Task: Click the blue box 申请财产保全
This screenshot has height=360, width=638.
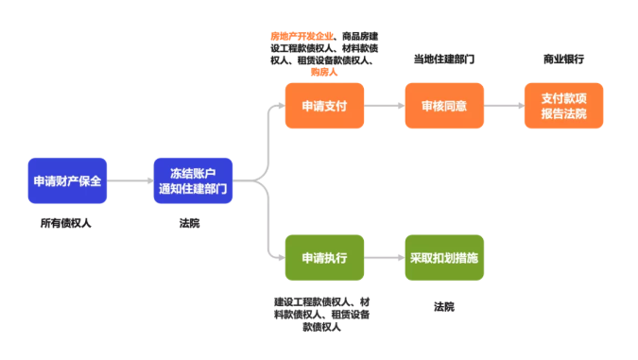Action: tap(67, 180)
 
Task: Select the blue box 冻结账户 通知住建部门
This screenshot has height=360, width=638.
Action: tap(193, 180)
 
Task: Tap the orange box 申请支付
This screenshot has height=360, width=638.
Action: tap(324, 106)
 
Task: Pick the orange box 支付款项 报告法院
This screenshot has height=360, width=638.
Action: tap(563, 106)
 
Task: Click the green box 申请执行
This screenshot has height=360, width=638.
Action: tap(324, 258)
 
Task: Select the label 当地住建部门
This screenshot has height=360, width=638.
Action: tap(443, 59)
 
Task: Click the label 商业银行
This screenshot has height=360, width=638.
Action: tap(563, 59)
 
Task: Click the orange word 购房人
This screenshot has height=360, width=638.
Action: tap(324, 72)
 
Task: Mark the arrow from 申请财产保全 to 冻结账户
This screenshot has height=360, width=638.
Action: tap(129, 180)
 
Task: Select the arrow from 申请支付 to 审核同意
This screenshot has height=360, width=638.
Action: tap(384, 106)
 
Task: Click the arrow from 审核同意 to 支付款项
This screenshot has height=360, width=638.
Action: tap(504, 106)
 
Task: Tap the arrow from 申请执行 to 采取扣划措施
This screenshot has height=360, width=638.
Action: tap(384, 258)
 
